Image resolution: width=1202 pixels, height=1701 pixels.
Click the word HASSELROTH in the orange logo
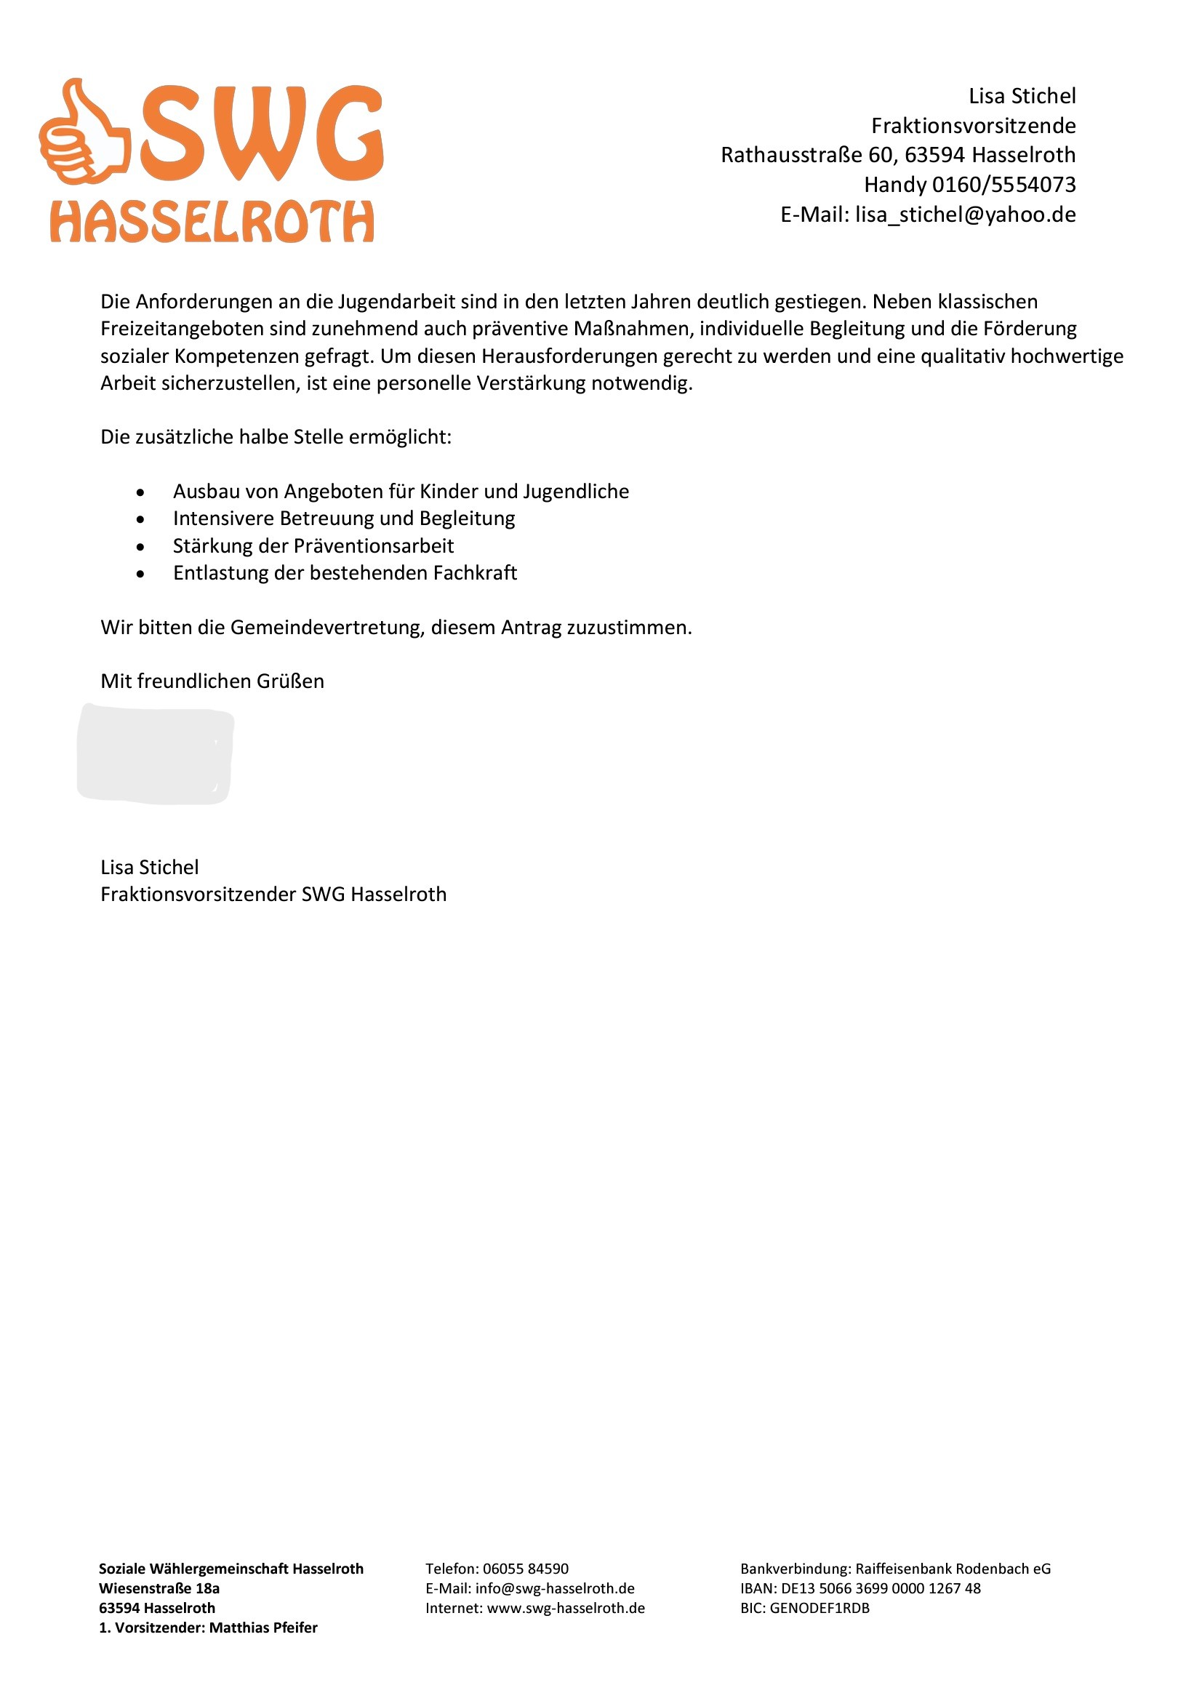(212, 222)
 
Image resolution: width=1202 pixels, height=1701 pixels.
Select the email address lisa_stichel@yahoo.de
(965, 215)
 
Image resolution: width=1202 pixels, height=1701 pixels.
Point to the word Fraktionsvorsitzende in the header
(973, 125)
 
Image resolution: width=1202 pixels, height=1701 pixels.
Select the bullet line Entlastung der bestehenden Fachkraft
(345, 572)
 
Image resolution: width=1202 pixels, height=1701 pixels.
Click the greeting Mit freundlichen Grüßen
(212, 681)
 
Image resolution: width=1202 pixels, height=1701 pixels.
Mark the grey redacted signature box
(155, 754)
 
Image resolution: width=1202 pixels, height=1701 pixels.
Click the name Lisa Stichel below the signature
(150, 868)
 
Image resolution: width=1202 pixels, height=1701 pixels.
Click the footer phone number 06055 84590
(526, 1569)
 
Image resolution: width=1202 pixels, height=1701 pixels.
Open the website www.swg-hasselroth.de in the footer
(566, 1609)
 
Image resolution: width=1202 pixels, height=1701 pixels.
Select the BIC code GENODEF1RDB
(819, 1609)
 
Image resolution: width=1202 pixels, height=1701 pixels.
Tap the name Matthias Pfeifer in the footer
(263, 1628)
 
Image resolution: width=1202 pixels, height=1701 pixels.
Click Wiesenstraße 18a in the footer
(159, 1588)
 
